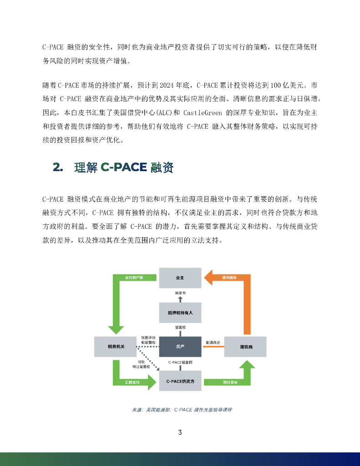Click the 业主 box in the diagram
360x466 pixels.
(x=180, y=278)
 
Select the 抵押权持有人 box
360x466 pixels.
(x=180, y=313)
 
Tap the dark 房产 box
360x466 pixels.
(x=180, y=347)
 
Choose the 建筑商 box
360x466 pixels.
(x=246, y=347)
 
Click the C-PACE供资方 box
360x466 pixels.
(x=180, y=381)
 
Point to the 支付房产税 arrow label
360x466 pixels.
(x=135, y=278)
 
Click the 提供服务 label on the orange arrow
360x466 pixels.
(x=229, y=278)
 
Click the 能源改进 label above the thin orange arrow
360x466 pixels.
(x=213, y=342)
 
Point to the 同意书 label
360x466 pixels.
(x=180, y=293)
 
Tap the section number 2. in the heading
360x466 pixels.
(x=58, y=167)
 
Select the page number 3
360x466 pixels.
(x=180, y=432)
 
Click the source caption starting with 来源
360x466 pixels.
(x=182, y=410)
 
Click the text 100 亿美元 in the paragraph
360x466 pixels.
(x=289, y=85)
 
